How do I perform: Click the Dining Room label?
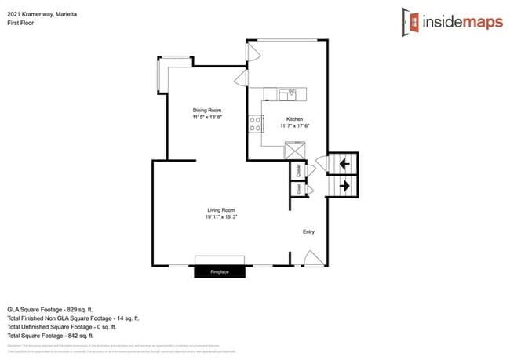208,110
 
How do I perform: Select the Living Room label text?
221,210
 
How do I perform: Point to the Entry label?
309,231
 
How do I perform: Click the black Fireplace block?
221,271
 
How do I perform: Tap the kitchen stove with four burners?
256,123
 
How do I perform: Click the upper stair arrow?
344,163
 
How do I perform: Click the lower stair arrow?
344,186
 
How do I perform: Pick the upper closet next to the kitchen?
299,170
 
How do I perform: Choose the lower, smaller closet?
299,189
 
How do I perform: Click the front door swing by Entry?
311,258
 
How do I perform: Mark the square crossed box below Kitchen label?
295,149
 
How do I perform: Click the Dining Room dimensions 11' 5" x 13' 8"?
208,117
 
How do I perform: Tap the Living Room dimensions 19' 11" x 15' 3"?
221,217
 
